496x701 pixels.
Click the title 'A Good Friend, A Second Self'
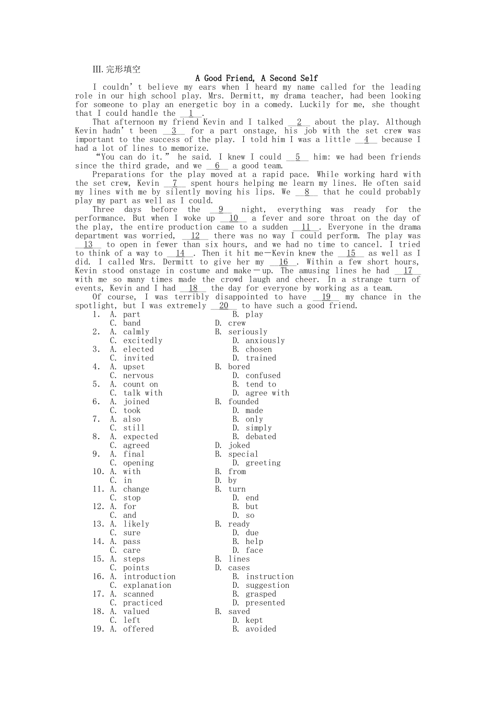tap(256, 78)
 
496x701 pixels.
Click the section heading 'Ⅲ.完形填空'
tap(116, 69)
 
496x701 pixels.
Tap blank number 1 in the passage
tap(191, 113)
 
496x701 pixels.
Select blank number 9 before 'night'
tap(221, 209)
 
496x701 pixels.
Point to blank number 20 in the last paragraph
tap(223, 306)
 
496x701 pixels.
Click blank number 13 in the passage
tap(88, 244)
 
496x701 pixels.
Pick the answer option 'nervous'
tap(138, 376)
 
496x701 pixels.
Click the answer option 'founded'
tap(243, 402)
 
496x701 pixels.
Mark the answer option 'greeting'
tap(263, 463)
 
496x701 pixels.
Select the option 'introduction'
tap(149, 576)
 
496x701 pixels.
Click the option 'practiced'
tap(143, 603)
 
